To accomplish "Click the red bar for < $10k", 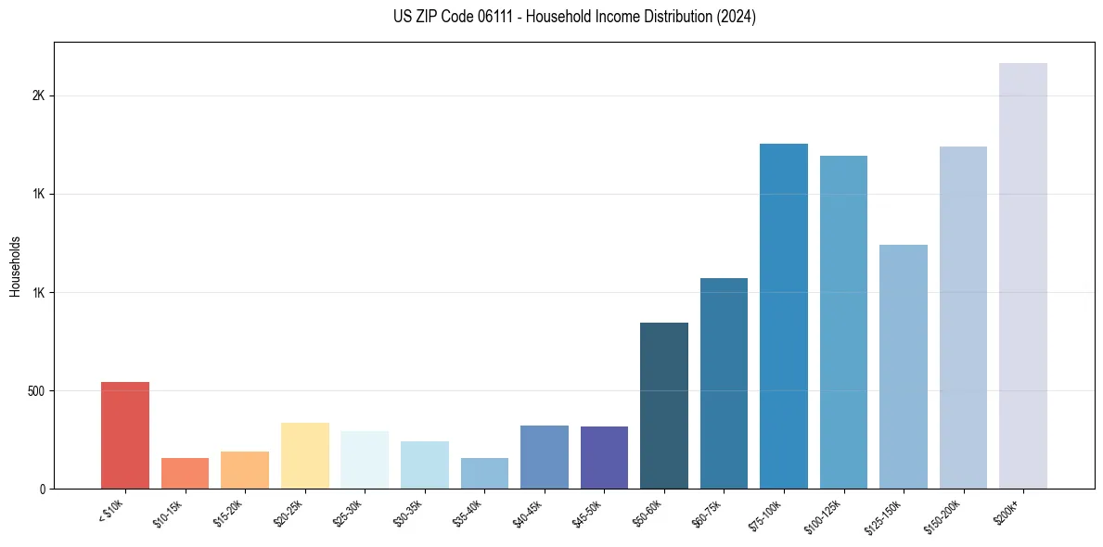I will click(x=124, y=435).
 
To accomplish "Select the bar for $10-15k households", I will click(x=185, y=473).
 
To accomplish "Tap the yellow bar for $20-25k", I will click(x=304, y=455).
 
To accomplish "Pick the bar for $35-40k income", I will click(x=484, y=473).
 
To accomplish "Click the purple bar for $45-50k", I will click(x=604, y=457).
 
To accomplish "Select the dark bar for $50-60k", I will click(x=664, y=405).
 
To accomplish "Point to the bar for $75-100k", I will click(x=784, y=316).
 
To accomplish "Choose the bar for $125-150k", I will click(x=904, y=366).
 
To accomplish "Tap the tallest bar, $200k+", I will click(x=1023, y=275).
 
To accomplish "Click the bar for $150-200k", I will click(x=963, y=317).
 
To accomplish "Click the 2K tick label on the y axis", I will click(x=38, y=96).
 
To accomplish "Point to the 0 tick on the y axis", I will click(x=42, y=489).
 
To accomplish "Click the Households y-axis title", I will click(x=15, y=266).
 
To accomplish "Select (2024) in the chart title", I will click(x=734, y=17).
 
